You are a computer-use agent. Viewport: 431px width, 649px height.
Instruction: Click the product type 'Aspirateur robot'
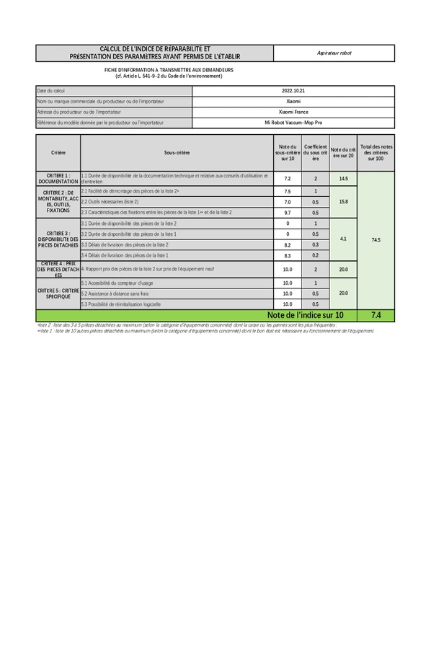click(334, 53)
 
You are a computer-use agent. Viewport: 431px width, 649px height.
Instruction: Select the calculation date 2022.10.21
click(293, 91)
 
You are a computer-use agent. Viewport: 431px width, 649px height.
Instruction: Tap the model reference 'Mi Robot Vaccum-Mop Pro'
click(293, 123)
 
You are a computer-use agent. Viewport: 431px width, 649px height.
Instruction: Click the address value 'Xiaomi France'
click(293, 112)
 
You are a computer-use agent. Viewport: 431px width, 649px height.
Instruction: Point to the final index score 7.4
click(376, 315)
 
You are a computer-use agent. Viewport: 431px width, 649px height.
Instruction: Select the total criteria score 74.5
click(376, 239)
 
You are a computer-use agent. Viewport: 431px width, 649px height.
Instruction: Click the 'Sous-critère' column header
click(177, 153)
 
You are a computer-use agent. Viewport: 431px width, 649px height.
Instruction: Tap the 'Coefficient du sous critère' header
click(316, 153)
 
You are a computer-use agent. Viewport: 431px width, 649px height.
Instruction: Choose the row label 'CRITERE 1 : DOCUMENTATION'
click(58, 179)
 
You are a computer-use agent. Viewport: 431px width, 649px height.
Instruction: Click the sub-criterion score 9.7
click(288, 213)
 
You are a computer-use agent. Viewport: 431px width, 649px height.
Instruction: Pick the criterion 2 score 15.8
click(343, 202)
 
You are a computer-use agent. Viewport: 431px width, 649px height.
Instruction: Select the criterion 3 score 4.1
click(343, 239)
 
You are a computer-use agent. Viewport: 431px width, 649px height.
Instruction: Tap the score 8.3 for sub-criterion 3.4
click(288, 255)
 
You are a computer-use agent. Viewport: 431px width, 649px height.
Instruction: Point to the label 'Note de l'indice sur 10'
click(306, 315)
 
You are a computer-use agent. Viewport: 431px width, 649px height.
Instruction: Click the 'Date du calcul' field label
click(50, 91)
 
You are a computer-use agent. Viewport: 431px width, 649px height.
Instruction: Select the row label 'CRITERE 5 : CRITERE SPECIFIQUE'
click(58, 293)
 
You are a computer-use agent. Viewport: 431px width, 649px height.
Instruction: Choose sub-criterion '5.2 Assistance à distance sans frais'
click(115, 293)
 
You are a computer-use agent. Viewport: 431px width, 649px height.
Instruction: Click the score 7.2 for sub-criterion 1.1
click(288, 179)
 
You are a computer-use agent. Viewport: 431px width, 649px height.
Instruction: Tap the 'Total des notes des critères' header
click(376, 153)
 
